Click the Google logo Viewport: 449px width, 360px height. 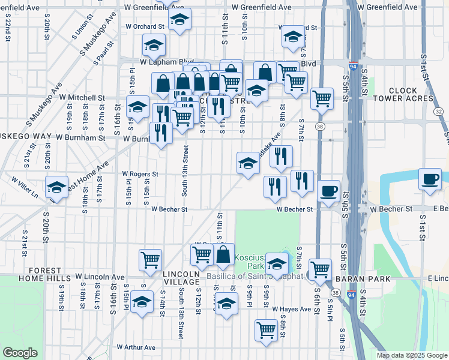click(20, 353)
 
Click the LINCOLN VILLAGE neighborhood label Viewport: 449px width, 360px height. click(181, 278)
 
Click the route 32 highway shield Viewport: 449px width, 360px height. click(439, 112)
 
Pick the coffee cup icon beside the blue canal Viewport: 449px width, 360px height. click(430, 179)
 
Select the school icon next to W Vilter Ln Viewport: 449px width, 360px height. click(56, 188)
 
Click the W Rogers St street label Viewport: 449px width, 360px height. click(140, 174)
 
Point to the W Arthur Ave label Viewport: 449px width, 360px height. click(136, 347)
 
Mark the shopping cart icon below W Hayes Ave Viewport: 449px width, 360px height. click(266, 329)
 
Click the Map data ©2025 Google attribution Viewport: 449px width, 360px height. click(411, 355)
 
